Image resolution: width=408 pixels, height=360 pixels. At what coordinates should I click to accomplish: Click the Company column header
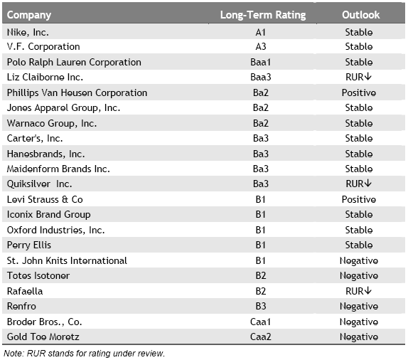coord(29,15)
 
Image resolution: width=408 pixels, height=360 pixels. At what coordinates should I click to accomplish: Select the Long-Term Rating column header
coord(263,15)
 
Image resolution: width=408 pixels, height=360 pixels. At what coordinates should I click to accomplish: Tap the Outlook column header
coord(360,15)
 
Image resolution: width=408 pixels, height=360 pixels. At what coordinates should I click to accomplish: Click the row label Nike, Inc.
coord(28,32)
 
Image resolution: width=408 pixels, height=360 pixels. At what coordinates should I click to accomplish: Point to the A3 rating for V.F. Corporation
coord(260,47)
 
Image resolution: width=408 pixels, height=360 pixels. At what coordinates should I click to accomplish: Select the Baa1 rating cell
coord(260,63)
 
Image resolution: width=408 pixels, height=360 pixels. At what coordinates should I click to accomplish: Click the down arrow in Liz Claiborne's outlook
coord(367,77)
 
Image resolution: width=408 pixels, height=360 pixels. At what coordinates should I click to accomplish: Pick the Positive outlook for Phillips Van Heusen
coord(358,92)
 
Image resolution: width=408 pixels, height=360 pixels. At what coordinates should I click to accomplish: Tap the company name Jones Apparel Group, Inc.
coord(63,108)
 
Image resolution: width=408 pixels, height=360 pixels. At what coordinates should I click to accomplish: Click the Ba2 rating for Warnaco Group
coord(260,123)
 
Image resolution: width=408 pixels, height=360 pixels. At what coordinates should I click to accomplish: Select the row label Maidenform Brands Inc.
coord(58,169)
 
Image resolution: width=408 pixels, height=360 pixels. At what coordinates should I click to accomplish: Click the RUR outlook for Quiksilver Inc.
coord(355,184)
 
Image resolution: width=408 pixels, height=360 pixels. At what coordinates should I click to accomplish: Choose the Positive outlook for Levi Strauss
coord(358,199)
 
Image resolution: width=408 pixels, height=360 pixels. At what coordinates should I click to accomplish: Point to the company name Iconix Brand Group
coord(48,215)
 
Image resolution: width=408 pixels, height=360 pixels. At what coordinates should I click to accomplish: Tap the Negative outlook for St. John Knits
coord(358,261)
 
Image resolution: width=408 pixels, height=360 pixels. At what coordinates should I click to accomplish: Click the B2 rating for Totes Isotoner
coord(260,275)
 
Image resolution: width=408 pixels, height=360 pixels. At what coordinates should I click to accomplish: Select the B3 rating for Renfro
coord(260,307)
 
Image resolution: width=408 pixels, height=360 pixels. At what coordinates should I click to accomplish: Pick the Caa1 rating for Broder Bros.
coord(260,322)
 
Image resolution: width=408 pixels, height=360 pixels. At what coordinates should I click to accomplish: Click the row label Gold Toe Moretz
coord(43,337)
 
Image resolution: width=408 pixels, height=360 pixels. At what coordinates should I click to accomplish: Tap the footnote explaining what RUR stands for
coord(84,354)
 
